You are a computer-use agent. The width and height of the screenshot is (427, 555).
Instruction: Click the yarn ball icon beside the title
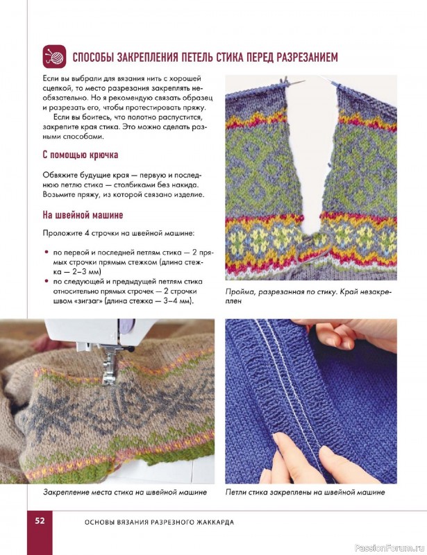(x=54, y=56)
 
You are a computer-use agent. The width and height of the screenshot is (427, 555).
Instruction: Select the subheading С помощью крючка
(x=81, y=155)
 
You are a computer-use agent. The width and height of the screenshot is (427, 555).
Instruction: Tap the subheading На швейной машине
(x=83, y=215)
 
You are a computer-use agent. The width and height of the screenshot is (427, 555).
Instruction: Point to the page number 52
(x=40, y=521)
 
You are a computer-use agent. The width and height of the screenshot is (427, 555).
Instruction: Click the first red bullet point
(x=46, y=253)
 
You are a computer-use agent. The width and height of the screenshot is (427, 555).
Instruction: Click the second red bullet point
(x=46, y=282)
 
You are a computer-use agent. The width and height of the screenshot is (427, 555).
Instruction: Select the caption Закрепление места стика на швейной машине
(x=125, y=492)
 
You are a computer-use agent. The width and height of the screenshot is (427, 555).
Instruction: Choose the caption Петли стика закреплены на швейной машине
(x=305, y=492)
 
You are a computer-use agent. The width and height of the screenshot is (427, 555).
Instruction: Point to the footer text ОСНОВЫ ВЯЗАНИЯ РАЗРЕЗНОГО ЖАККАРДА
(x=160, y=522)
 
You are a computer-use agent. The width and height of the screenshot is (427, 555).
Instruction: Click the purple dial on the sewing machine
(x=127, y=326)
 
